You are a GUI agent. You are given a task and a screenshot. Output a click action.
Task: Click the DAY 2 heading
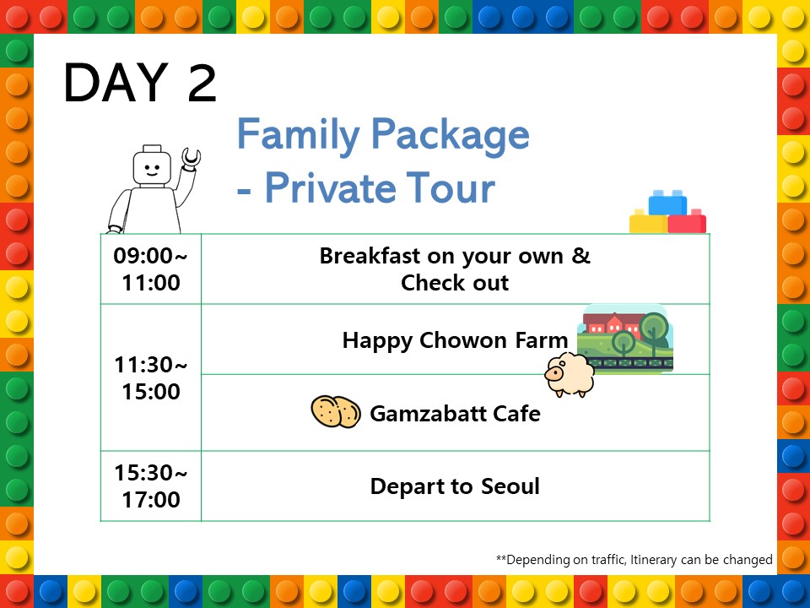[140, 82]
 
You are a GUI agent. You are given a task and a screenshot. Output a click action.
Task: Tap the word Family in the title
[299, 135]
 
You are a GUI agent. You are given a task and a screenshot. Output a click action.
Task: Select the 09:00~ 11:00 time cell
[151, 269]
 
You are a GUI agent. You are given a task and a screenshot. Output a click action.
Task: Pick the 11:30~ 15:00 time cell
[151, 378]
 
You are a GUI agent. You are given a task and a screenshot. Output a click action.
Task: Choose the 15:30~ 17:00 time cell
[151, 486]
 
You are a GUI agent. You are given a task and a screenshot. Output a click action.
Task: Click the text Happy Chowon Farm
[455, 340]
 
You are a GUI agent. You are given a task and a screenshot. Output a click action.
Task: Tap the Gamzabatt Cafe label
[455, 414]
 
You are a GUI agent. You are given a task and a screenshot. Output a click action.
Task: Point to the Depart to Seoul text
[455, 486]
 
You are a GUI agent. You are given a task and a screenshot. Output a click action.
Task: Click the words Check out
[455, 283]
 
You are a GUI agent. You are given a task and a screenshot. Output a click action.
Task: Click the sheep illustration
[570, 375]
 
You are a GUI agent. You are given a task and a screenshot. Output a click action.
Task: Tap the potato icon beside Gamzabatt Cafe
[336, 411]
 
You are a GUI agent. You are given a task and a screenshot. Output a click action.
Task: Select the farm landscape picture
[625, 339]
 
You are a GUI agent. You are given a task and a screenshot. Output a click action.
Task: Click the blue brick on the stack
[667, 203]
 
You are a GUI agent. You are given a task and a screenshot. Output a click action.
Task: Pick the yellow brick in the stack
[648, 221]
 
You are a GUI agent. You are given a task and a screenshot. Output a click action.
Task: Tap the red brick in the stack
[687, 221]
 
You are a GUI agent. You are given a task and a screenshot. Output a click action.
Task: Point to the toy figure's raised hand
[192, 158]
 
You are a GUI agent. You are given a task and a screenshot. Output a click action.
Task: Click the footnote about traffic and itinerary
[634, 560]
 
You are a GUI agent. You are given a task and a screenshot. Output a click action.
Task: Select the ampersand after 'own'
[581, 255]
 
